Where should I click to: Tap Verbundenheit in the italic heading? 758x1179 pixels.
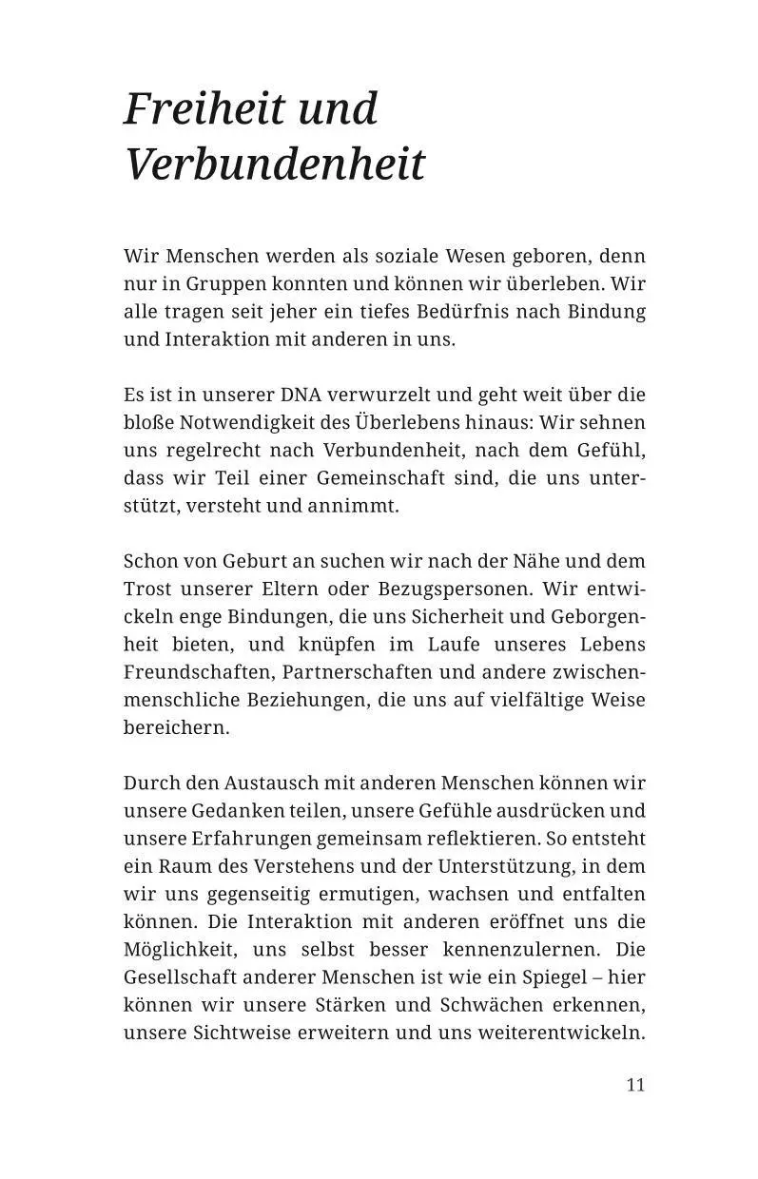275,164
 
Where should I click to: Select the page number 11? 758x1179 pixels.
635,1085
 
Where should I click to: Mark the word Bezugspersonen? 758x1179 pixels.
453,589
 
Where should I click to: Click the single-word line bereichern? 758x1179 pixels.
177,727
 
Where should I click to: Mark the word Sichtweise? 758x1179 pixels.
243,1033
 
